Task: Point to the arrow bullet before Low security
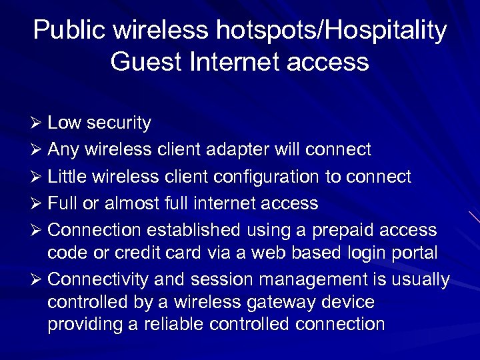[x=38, y=123]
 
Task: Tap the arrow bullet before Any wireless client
[x=38, y=149]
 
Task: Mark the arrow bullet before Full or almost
[x=38, y=203]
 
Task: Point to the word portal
[x=415, y=253]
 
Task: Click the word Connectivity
[x=99, y=279]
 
